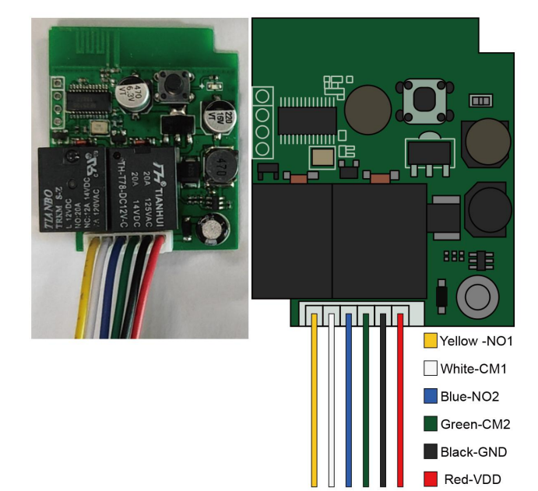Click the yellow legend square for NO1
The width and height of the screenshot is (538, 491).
(430, 341)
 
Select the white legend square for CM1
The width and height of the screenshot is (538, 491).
(430, 368)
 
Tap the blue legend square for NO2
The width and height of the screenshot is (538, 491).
(430, 395)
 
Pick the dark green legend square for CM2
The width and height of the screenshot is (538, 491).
(430, 423)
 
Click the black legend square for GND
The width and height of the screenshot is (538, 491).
(430, 451)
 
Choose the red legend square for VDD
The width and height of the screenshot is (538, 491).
(430, 478)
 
